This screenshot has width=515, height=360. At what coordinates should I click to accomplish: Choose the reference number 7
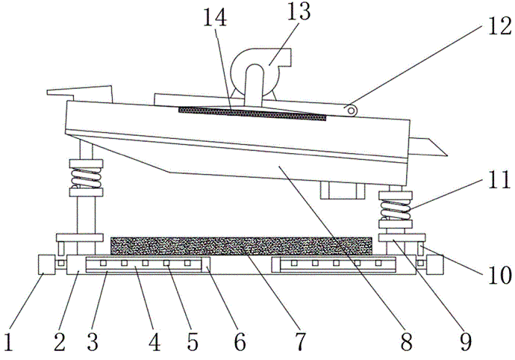pyautogui.click(x=299, y=343)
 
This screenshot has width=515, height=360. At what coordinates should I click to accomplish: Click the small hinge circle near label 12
pyautogui.click(x=349, y=111)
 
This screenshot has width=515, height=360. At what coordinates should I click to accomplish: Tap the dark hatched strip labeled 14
pyautogui.click(x=252, y=113)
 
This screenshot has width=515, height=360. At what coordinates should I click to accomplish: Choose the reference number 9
pyautogui.click(x=465, y=343)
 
